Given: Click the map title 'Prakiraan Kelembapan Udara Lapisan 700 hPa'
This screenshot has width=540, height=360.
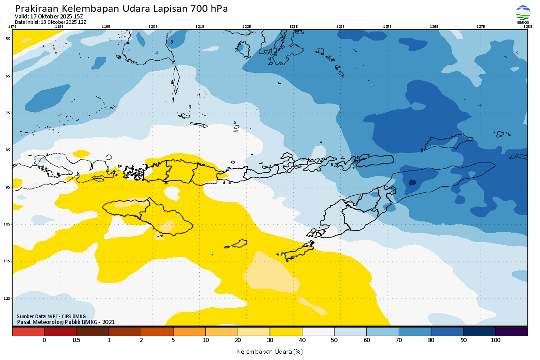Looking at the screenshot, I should (121, 9).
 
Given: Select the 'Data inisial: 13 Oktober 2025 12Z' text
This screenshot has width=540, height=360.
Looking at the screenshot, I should (50, 22).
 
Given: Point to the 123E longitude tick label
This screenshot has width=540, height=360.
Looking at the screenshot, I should (293, 27).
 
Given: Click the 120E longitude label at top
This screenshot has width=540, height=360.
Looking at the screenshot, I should (153, 27).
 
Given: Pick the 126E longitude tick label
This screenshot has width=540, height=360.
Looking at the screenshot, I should (434, 27).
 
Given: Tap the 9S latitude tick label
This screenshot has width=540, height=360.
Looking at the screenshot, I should (8, 187).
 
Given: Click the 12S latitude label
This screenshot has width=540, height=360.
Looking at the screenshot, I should (8, 298).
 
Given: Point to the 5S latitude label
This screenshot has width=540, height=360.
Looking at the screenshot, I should (8, 39).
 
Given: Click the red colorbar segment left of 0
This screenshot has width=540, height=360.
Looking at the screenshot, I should (28, 332).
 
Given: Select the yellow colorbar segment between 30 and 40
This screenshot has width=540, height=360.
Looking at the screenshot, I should (286, 332).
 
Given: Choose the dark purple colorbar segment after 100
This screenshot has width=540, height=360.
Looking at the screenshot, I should (512, 332).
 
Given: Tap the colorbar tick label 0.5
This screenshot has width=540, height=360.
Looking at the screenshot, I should (76, 340).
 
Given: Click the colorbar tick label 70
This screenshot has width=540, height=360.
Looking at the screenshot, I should (399, 340).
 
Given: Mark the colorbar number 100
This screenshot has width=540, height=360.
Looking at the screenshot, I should (495, 340).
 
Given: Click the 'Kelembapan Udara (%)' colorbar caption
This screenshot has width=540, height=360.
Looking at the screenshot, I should (270, 351).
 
